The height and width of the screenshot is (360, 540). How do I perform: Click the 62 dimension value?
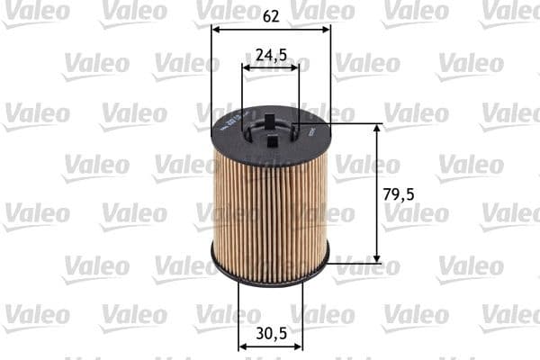pyautogui.click(x=270, y=14)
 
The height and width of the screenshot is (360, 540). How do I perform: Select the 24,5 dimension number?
pyautogui.click(x=271, y=54)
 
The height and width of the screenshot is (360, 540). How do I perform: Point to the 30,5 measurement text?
pyautogui.click(x=271, y=332)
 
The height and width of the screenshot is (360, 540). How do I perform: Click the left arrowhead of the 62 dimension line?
pyautogui.click(x=216, y=28)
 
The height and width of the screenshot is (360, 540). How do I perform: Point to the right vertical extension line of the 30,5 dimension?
pyautogui.click(x=302, y=315)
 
